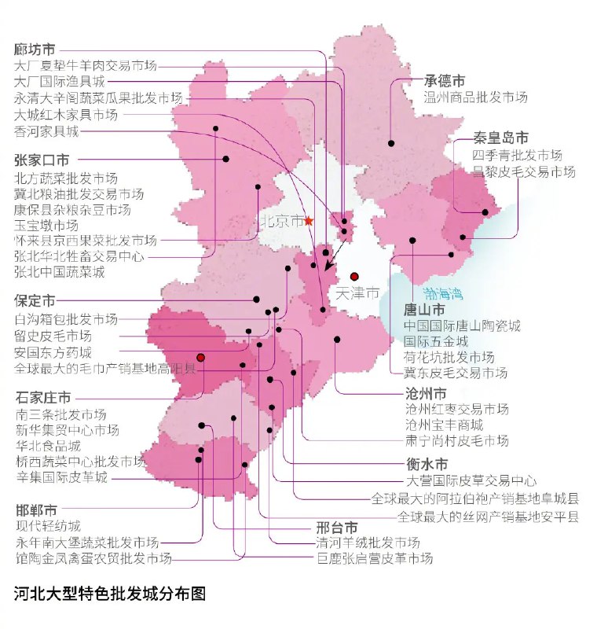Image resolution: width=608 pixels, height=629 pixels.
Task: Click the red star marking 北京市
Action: pos(309,221)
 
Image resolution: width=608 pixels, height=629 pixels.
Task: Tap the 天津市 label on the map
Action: pos(357,293)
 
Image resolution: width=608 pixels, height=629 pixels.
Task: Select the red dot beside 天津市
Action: pos(354,277)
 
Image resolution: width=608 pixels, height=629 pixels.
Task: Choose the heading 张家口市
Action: pos(41,160)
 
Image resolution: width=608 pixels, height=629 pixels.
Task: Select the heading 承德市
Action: pos(445,81)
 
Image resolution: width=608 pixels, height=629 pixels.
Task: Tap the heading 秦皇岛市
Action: pos(500,138)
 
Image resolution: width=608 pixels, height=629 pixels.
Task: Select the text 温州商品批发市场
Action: pos(475,97)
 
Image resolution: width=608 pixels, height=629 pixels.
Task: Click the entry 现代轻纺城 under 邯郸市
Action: pos(47,526)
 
